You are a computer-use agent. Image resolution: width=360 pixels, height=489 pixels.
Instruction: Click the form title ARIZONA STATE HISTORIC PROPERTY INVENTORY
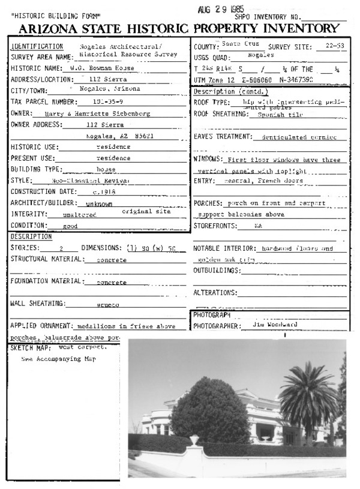tap(179, 29)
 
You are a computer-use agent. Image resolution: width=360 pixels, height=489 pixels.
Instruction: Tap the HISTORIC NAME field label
tap(35, 68)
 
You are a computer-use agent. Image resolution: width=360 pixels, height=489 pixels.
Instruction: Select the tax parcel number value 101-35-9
tap(103, 102)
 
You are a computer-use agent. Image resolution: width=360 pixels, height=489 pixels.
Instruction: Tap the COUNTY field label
tap(205, 47)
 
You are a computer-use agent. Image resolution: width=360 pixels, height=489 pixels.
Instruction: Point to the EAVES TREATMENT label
tap(222, 137)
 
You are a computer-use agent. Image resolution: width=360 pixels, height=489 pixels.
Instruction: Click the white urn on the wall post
tap(193, 441)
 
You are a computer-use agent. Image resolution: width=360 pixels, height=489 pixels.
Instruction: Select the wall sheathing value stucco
tap(109, 304)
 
